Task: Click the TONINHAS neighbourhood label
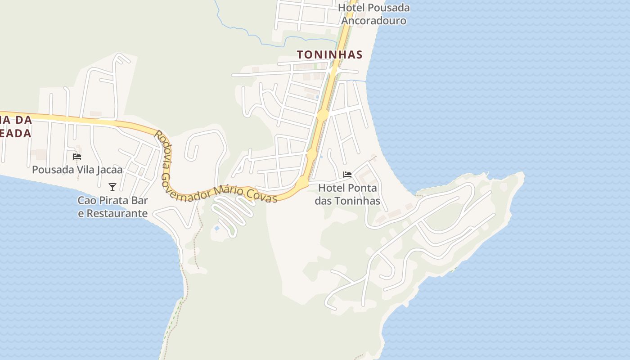point(329,54)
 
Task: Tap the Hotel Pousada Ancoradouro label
point(373,14)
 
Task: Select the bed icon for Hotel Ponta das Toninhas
point(347,175)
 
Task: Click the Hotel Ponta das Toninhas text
point(347,194)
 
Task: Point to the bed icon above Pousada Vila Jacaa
point(77,157)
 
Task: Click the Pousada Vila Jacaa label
point(77,170)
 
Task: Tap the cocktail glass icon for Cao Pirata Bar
point(112,187)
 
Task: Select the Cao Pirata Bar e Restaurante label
point(112,207)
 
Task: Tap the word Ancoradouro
point(373,21)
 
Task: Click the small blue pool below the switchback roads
point(217,229)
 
